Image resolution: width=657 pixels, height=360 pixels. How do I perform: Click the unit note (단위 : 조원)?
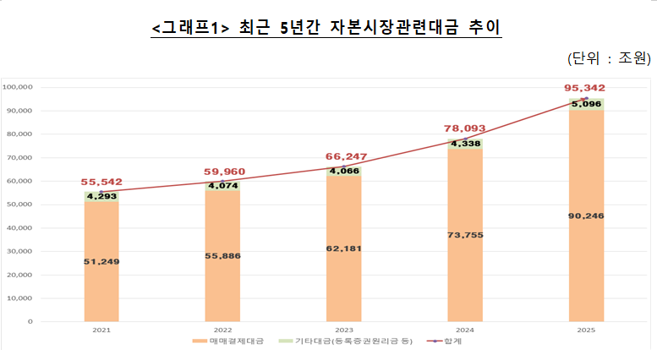coord(608,57)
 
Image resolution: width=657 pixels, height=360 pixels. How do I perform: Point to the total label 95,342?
coord(585,88)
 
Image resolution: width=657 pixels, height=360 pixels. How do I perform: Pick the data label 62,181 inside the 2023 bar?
coord(343,248)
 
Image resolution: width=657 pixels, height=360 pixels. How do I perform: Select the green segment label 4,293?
coord(101,196)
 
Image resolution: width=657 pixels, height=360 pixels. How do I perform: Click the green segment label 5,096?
coord(585,104)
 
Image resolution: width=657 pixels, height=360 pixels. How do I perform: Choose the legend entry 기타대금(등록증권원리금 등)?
coord(348,342)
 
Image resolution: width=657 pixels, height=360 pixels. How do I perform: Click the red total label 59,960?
coord(223,172)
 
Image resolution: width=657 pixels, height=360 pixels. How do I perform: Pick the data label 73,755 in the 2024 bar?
coord(464,234)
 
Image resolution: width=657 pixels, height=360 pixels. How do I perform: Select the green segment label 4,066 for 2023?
coord(343,172)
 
